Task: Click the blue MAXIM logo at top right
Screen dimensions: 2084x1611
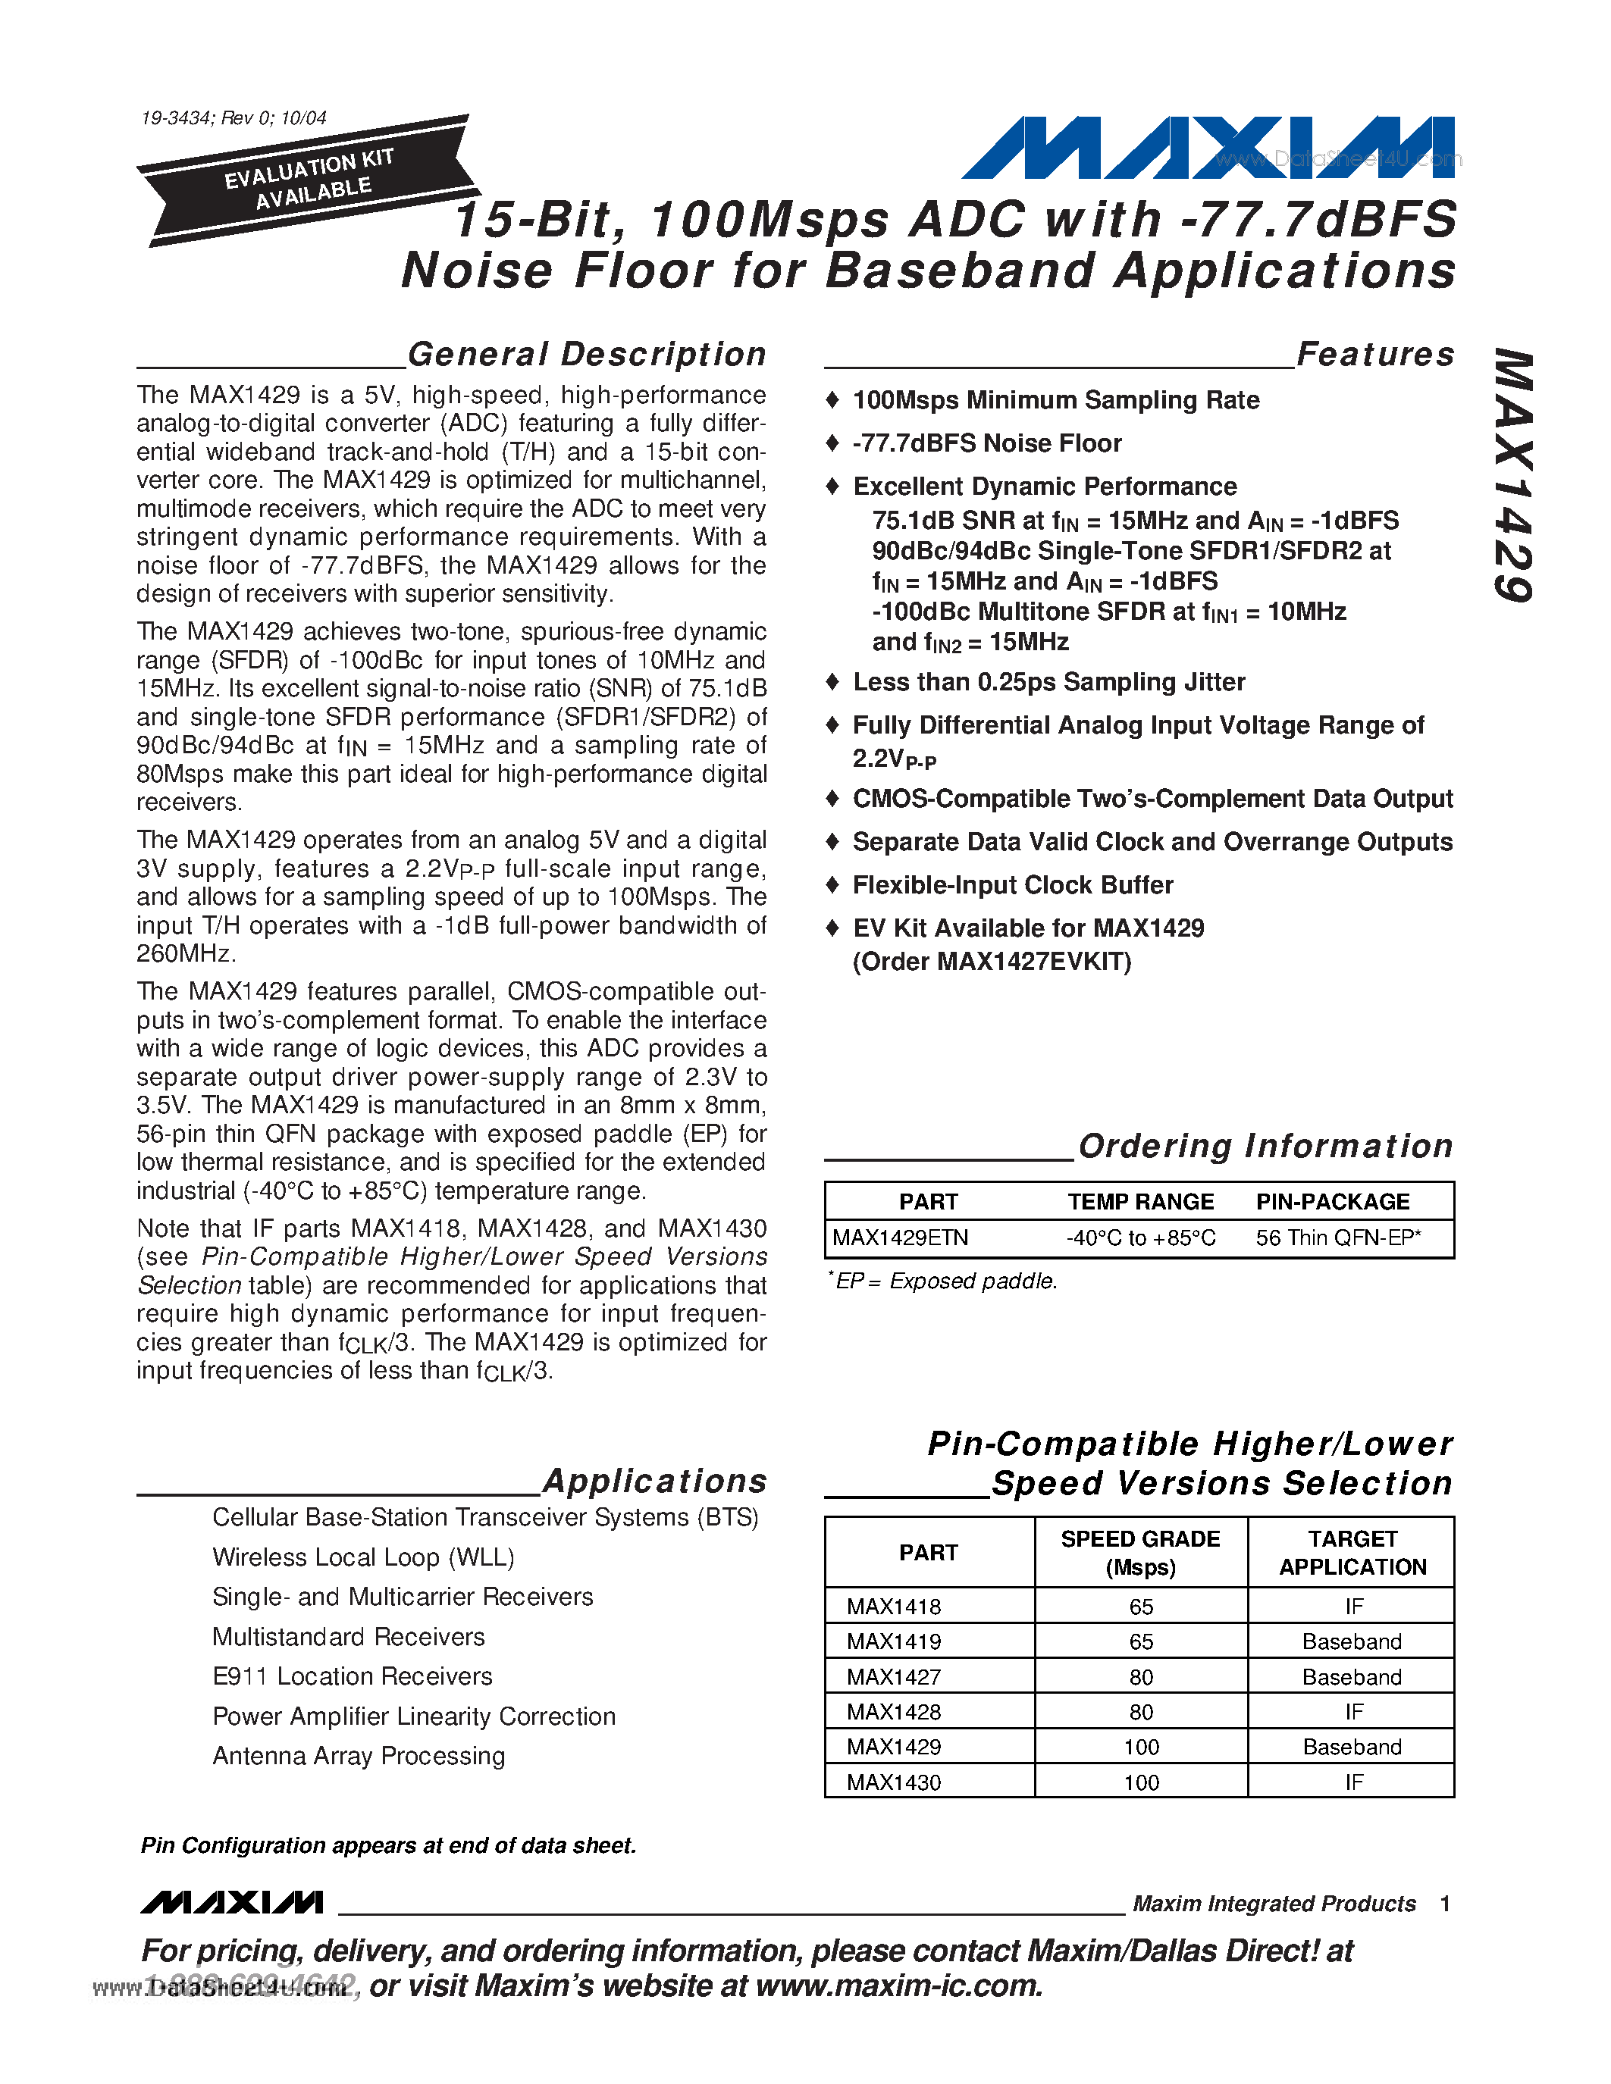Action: [1206, 148]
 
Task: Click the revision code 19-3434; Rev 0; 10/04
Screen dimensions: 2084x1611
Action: [233, 117]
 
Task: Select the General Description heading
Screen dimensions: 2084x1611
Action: [586, 354]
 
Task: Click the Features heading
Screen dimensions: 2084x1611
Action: [1374, 354]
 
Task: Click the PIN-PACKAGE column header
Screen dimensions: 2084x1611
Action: [1332, 1201]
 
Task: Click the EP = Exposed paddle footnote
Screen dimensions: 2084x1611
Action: [942, 1281]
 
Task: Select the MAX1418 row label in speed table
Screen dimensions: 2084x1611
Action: [893, 1607]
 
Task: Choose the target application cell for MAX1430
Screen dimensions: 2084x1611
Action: [1352, 1782]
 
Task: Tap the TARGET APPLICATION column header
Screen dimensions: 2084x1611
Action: [1352, 1553]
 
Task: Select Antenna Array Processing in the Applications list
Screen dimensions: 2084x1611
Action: [359, 1756]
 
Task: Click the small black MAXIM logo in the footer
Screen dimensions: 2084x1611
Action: [232, 1903]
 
